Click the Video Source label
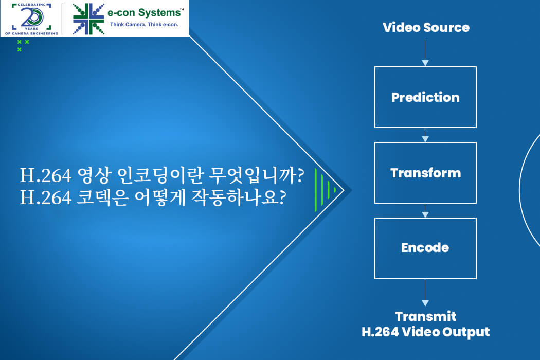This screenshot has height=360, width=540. [426, 27]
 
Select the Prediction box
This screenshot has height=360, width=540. [425, 97]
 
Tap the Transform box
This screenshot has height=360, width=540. [425, 173]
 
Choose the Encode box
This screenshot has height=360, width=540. [425, 248]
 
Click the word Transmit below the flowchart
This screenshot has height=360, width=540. [426, 316]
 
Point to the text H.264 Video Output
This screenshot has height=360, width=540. [426, 332]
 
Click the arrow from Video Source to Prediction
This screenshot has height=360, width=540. [425, 52]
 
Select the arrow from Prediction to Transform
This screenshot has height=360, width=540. [425, 135]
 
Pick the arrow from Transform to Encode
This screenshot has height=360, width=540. [425, 210]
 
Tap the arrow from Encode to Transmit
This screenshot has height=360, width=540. [425, 293]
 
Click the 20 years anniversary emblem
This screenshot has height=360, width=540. [31, 19]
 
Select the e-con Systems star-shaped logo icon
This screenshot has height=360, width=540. [88, 19]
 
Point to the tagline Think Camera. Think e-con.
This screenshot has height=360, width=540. [144, 25]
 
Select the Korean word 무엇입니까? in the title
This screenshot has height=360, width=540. [257, 175]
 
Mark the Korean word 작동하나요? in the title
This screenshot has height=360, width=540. [238, 197]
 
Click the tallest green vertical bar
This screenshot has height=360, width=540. [316, 190]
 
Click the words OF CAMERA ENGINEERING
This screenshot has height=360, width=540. [31, 33]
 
